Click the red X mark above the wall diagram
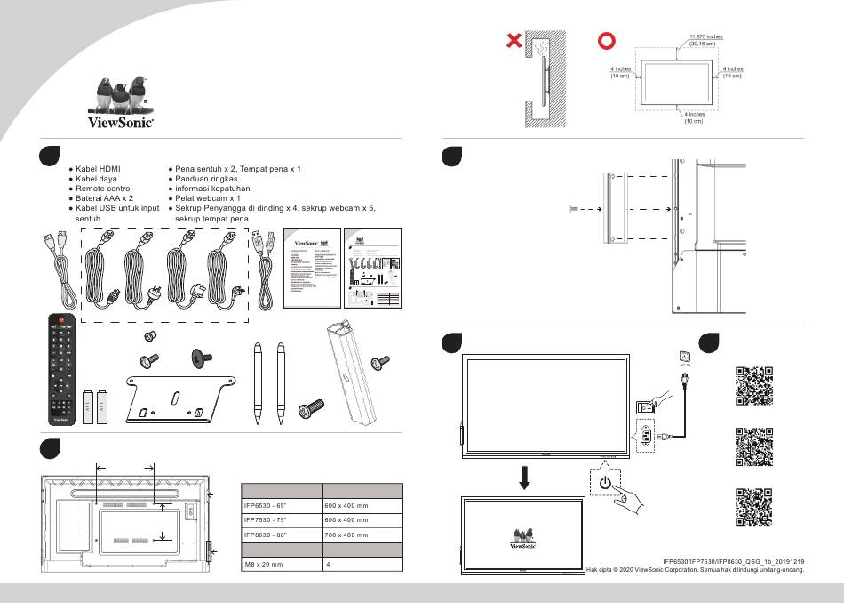click(513, 41)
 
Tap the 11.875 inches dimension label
click(705, 37)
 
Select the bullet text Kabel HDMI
click(98, 168)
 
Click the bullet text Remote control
click(104, 189)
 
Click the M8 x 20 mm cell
click(264, 564)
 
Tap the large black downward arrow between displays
click(525, 477)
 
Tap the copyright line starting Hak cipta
click(696, 571)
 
